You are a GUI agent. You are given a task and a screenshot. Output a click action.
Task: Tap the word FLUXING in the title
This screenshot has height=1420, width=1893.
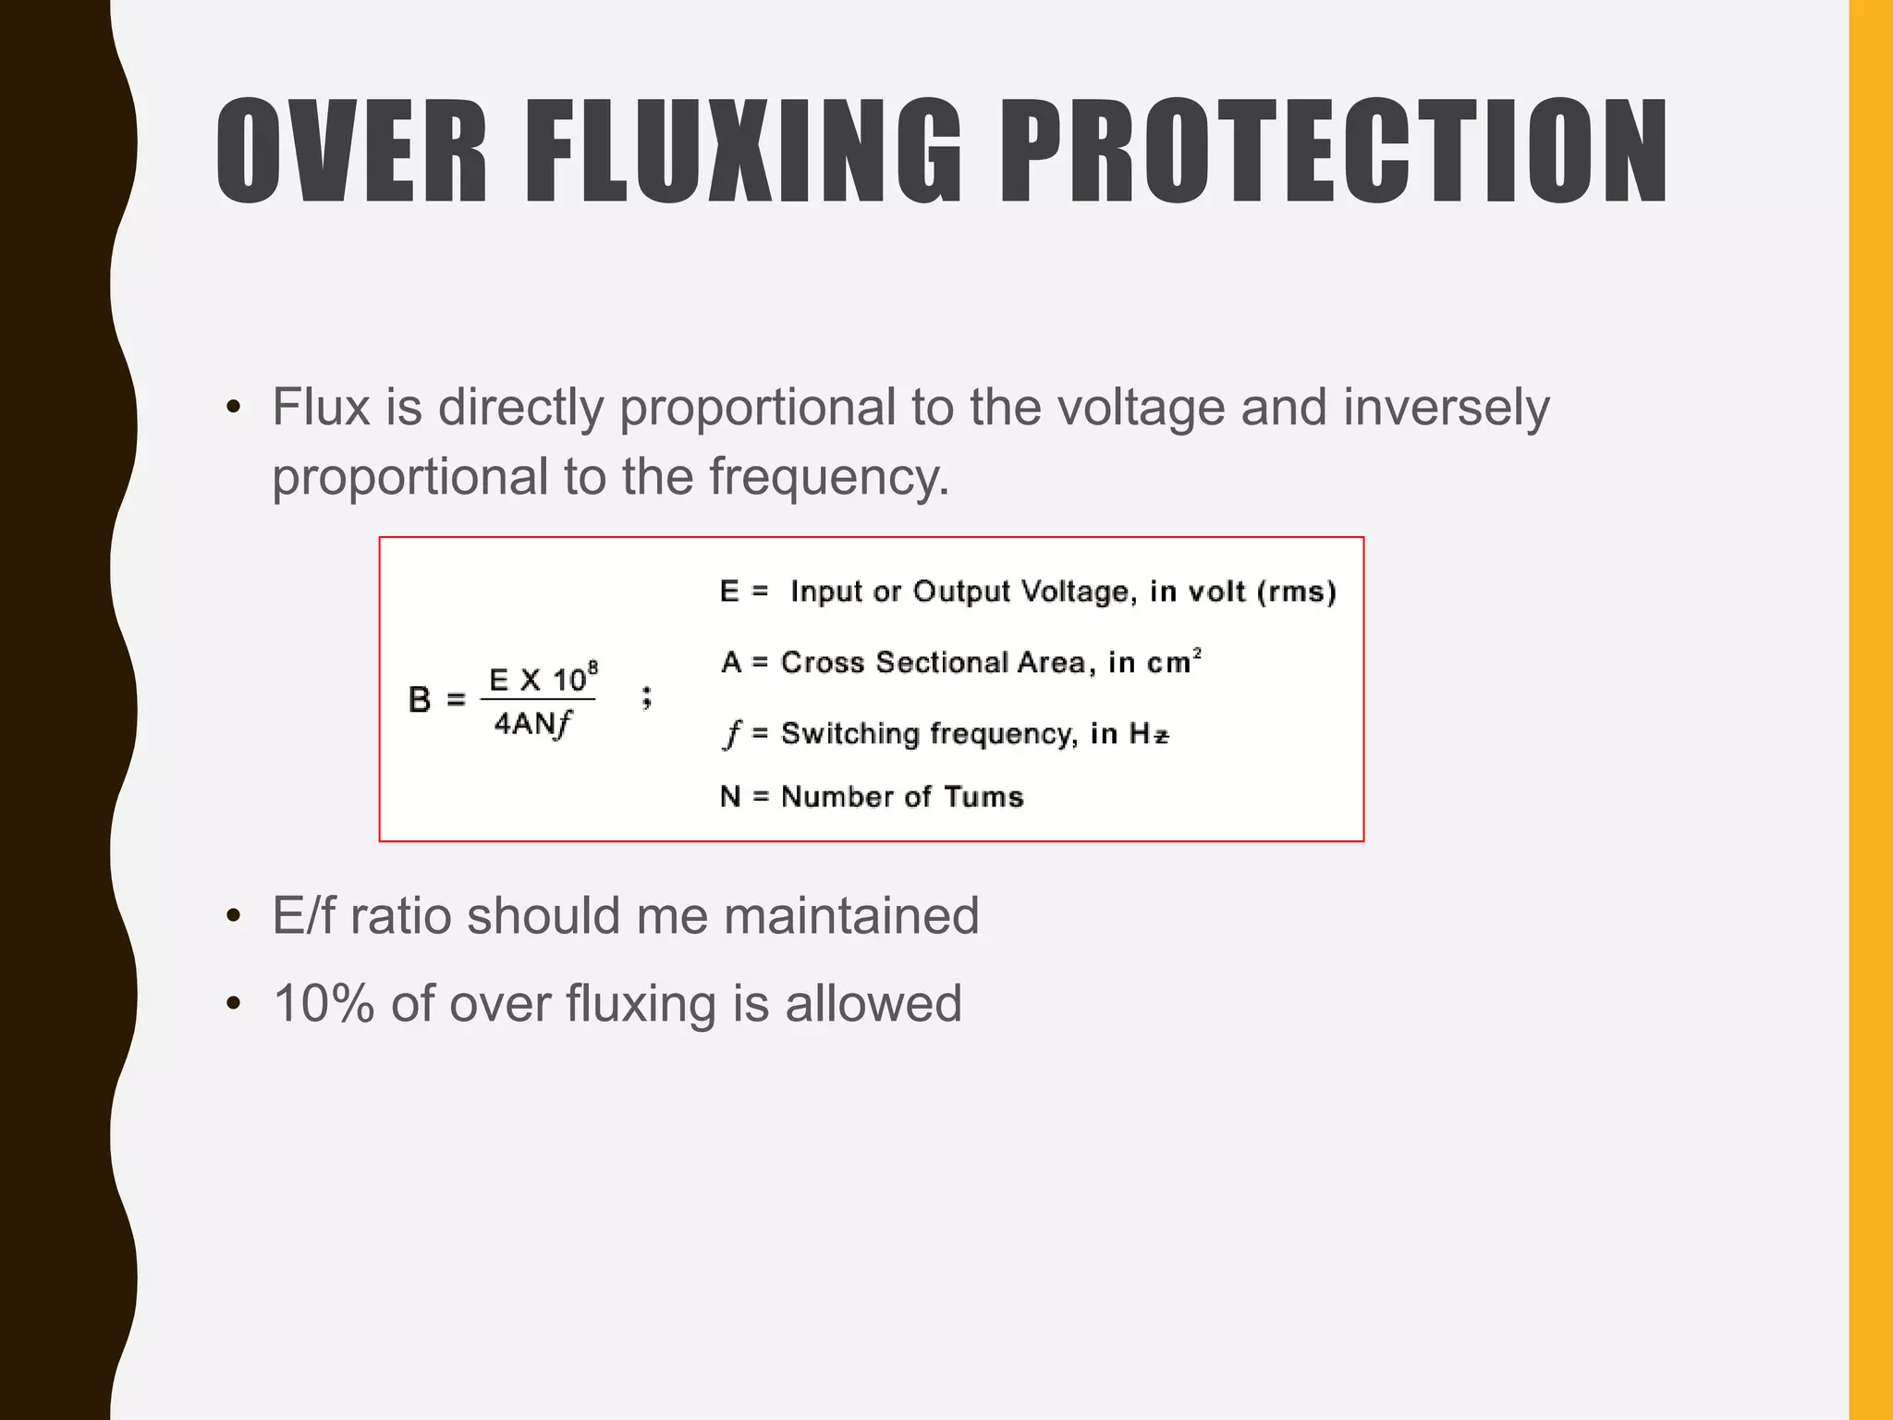point(744,151)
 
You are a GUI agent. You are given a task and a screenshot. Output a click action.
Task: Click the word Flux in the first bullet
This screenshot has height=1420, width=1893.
point(321,407)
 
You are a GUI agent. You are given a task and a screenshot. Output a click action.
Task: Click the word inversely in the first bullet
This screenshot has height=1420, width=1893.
point(1446,409)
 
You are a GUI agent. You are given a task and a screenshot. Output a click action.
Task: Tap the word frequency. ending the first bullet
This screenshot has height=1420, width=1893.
point(829,478)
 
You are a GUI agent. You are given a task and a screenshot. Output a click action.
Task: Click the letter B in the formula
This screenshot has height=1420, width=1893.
point(420,700)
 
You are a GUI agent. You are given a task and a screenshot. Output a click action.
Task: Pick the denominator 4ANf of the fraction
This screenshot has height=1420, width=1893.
point(533,724)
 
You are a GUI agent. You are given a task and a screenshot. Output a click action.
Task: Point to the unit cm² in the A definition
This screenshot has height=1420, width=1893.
point(1173,662)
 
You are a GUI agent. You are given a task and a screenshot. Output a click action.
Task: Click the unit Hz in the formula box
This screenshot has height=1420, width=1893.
point(1149,734)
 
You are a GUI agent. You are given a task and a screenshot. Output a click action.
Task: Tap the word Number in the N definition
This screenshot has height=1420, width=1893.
point(837,797)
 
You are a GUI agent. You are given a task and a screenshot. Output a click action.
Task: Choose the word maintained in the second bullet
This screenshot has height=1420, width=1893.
point(850,916)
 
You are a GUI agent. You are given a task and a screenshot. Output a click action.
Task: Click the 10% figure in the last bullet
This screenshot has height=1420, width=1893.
point(324,1004)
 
